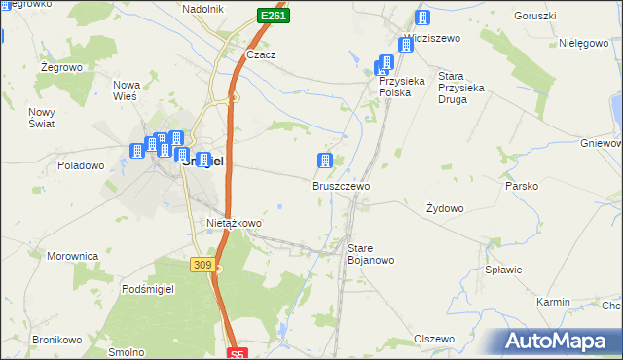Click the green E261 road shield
[x=274, y=17]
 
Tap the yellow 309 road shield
[x=202, y=264]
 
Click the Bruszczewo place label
[x=341, y=185]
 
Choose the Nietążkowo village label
[x=235, y=223]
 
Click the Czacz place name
[x=261, y=55]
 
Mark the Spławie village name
[x=504, y=270]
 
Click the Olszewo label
[x=434, y=339]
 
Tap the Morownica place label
[x=73, y=256]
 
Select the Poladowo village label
[x=81, y=165]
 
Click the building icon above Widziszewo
[x=422, y=18]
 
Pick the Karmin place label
[x=553, y=303]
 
